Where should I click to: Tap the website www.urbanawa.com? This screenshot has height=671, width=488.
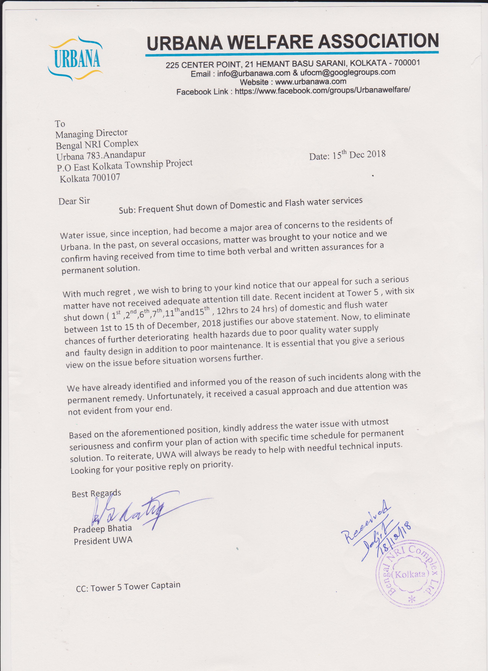(x=310, y=81)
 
